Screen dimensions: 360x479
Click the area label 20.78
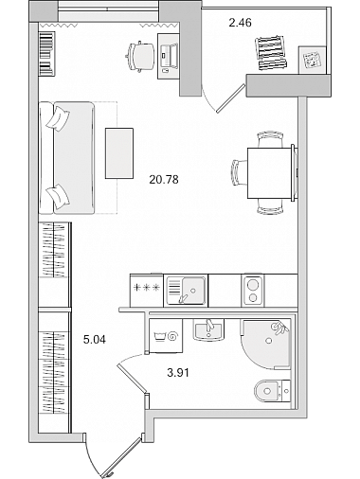click(164, 180)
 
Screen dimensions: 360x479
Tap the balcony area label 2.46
click(240, 23)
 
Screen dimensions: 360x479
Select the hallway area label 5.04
click(95, 340)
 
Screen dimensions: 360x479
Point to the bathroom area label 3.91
click(178, 373)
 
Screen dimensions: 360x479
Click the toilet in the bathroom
click(272, 391)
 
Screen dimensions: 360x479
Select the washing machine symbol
click(166, 336)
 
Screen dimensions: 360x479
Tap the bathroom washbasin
click(208, 330)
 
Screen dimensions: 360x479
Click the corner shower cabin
click(265, 344)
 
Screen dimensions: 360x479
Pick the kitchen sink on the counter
click(186, 291)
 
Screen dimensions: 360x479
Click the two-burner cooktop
click(253, 291)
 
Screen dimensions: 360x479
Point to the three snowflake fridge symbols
click(147, 288)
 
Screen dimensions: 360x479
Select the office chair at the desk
click(140, 56)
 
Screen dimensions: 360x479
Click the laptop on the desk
click(170, 56)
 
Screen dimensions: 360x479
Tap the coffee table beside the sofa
click(119, 153)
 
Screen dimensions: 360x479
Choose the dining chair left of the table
click(240, 172)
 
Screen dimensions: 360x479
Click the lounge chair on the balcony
click(272, 53)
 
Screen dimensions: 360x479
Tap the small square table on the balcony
click(313, 60)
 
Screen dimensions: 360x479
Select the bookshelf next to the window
click(47, 53)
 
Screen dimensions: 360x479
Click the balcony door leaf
click(231, 98)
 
